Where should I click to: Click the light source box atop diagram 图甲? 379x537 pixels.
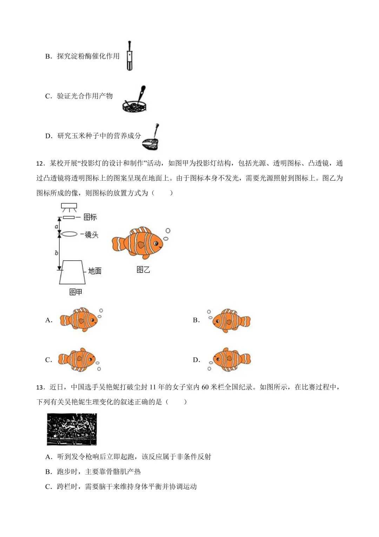69,206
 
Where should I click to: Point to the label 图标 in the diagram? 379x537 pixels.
90,217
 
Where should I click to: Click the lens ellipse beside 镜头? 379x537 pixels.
69,234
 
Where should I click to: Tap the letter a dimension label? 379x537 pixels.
56,226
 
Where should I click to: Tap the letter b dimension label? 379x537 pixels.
56,252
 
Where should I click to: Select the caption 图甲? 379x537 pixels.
75,292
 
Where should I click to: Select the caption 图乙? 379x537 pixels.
143,270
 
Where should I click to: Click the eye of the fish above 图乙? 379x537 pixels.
157,243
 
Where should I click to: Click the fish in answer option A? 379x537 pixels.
79,320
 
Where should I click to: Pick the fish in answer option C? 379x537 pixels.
77,359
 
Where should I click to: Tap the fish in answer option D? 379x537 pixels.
231,359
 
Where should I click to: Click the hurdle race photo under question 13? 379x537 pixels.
72,429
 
